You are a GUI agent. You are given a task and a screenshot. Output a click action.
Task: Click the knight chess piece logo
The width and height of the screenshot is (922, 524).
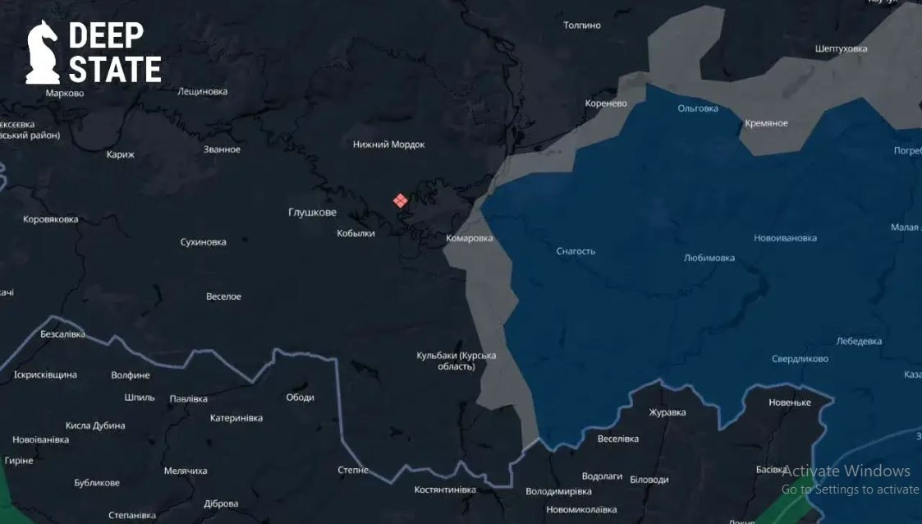point(43,53)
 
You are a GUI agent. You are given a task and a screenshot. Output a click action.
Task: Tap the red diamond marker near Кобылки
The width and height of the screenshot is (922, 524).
point(400,200)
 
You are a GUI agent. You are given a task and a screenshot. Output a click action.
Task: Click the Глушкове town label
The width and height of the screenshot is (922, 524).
point(312,213)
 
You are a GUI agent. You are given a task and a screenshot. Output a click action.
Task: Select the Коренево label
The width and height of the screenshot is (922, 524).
point(606,103)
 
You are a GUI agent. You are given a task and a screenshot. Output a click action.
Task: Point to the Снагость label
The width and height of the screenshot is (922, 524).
point(576,251)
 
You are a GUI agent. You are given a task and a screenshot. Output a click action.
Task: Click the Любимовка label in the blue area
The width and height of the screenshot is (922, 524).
point(709,258)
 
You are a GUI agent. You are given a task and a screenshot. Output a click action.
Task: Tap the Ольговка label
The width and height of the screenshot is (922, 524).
point(698,108)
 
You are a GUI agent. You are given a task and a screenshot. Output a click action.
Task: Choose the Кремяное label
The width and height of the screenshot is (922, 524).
point(766,123)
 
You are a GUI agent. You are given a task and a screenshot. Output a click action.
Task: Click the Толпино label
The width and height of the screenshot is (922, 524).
point(582,25)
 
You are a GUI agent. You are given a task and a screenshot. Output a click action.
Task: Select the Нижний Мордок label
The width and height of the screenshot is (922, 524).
point(389,145)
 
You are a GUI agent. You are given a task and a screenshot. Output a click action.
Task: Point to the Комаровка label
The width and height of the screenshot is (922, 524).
point(470,238)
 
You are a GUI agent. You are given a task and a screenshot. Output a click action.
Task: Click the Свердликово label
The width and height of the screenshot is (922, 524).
point(800,359)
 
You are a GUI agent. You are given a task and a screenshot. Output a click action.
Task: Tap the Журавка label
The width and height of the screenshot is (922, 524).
point(667,412)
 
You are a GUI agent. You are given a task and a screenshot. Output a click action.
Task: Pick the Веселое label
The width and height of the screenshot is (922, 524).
point(223,296)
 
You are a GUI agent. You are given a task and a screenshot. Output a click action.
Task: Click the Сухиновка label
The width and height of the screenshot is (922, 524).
point(203,242)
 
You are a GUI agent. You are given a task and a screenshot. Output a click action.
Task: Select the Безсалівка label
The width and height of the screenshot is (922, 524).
point(62,334)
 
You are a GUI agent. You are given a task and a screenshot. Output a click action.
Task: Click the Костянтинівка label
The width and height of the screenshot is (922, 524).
point(445,490)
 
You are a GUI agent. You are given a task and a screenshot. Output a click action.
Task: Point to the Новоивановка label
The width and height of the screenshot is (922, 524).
point(785,238)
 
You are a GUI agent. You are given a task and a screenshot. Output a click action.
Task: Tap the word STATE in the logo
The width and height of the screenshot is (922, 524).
point(115,70)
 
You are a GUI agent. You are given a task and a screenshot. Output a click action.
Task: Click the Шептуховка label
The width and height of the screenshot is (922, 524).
point(841,48)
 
